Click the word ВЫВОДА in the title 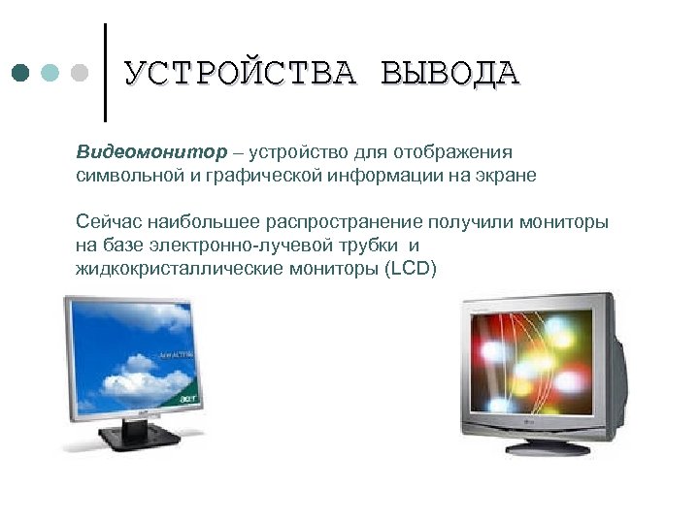[450, 74]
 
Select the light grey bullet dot [81, 74]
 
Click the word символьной [120, 177]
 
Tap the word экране [504, 177]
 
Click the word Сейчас [106, 222]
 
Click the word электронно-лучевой [242, 246]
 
